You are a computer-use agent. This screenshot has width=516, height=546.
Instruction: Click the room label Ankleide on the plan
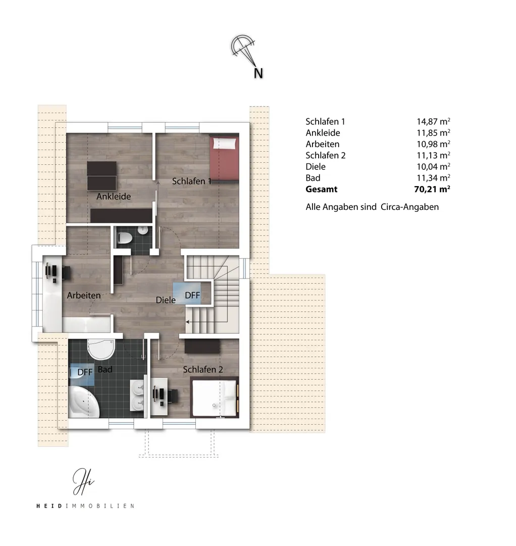[x=114, y=196]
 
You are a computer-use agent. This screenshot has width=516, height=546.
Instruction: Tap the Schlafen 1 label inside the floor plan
[x=191, y=181]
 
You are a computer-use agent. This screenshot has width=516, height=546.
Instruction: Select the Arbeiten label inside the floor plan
[x=84, y=295]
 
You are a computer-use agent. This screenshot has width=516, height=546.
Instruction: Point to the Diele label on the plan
[x=166, y=300]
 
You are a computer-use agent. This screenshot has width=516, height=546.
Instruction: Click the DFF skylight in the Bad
[x=82, y=374]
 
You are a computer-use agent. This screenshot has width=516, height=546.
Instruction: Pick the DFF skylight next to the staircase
[x=187, y=293]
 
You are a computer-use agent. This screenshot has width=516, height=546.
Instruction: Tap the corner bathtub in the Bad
[x=84, y=402]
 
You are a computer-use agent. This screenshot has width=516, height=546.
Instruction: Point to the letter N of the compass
[x=258, y=73]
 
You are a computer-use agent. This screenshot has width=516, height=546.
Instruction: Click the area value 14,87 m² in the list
[x=433, y=121]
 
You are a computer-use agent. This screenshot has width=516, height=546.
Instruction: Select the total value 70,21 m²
[x=432, y=189]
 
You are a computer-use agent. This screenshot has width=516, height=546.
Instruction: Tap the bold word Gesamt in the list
[x=321, y=189]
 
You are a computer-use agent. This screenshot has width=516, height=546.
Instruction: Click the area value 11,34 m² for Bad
[x=433, y=178]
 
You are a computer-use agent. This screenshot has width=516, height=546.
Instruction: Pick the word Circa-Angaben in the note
[x=409, y=207]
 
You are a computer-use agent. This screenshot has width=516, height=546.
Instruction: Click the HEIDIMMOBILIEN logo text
[x=85, y=506]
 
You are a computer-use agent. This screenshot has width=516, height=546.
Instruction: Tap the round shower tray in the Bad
[x=101, y=349]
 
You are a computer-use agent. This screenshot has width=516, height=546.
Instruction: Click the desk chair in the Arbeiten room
[x=66, y=272]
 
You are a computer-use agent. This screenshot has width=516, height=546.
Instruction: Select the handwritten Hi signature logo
[x=83, y=482]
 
